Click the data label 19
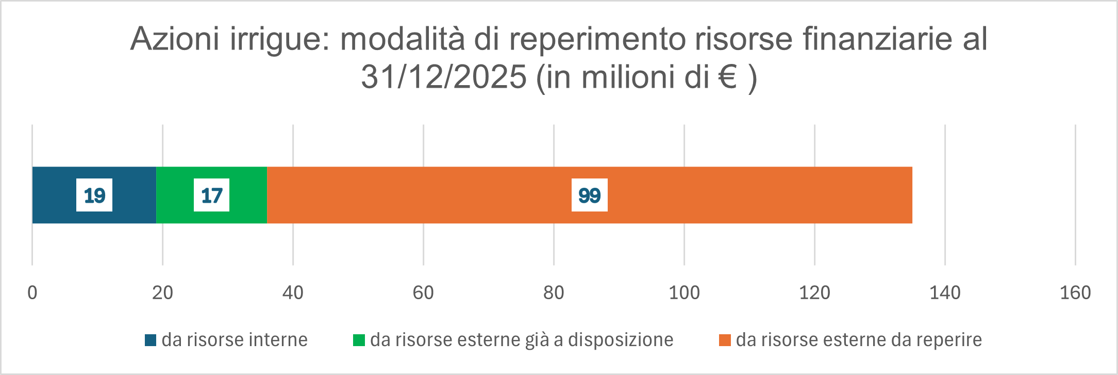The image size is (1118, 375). tap(94, 195)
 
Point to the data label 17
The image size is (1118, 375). tap(211, 195)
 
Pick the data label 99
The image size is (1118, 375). tap(589, 195)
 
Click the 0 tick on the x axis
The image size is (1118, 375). tap(32, 293)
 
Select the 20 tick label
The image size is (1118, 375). tap(162, 293)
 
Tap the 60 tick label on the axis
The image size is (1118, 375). tap(423, 293)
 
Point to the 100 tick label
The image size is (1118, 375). tap(684, 293)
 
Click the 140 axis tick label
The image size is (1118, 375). tap(945, 293)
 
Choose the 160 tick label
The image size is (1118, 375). tap(1075, 293)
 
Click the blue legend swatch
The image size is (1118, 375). tap(151, 340)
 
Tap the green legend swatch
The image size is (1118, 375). tap(359, 340)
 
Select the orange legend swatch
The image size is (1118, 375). tap(725, 340)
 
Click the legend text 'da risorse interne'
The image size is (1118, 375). tap(235, 340)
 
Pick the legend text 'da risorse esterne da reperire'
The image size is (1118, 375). tap(859, 340)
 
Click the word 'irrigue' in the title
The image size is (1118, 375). tap(279, 39)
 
